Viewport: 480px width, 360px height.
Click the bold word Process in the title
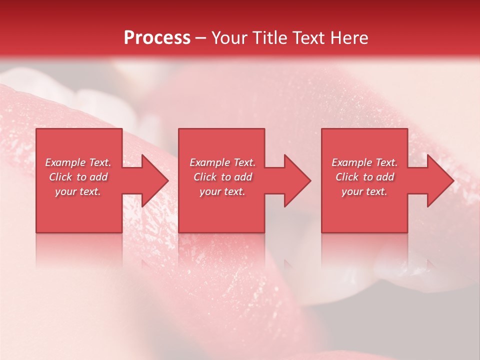click(157, 38)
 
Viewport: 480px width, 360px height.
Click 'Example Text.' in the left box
click(78, 162)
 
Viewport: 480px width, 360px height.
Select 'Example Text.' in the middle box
click(222, 162)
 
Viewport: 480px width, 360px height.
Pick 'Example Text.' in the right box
click(364, 162)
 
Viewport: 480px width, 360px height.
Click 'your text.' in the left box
click(78, 191)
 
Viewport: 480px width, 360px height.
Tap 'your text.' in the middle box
click(222, 191)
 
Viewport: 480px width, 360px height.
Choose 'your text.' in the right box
click(364, 191)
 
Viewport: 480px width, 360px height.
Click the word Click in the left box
click(61, 177)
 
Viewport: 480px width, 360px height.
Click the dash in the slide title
click(200, 38)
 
